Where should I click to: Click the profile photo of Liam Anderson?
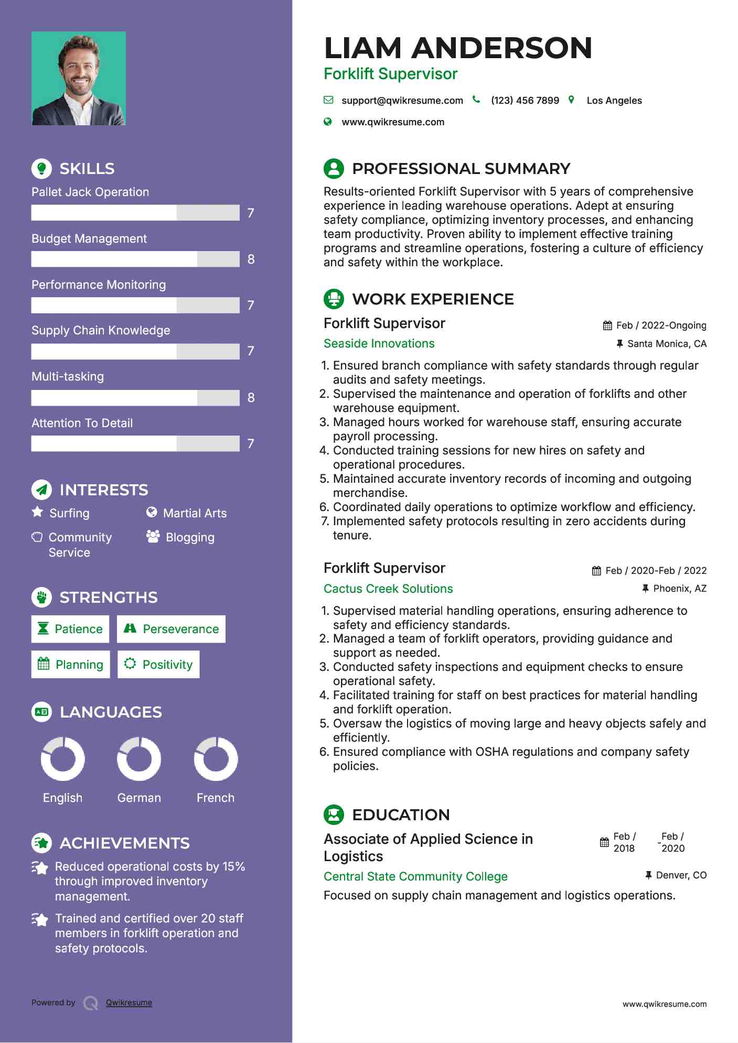(x=79, y=79)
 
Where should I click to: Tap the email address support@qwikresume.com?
(x=402, y=101)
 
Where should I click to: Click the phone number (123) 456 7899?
(x=525, y=101)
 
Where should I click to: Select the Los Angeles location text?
(x=614, y=101)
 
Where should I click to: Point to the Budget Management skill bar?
(x=135, y=259)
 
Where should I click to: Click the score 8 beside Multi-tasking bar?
(x=251, y=398)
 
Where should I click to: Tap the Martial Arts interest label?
(x=195, y=513)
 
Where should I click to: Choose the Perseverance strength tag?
(x=171, y=629)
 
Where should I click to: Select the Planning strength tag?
(x=70, y=665)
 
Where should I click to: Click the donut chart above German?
(x=139, y=758)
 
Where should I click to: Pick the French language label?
(x=215, y=798)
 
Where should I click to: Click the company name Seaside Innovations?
(x=379, y=344)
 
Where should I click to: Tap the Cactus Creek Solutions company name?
(x=388, y=589)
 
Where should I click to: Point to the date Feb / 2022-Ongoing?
(x=660, y=325)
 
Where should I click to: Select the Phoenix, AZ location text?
(x=679, y=589)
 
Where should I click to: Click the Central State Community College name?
(x=415, y=876)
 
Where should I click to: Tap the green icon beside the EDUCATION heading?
(x=334, y=814)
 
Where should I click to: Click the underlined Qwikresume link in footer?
(x=129, y=1003)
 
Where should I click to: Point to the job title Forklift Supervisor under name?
(x=390, y=74)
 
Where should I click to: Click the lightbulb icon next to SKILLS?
(x=41, y=168)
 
